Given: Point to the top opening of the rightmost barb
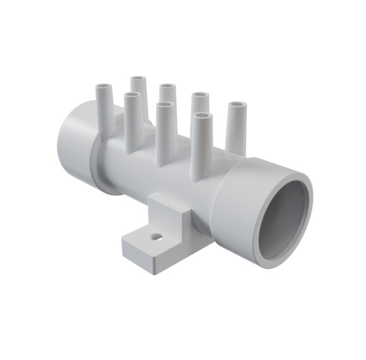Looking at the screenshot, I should (237, 104).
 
